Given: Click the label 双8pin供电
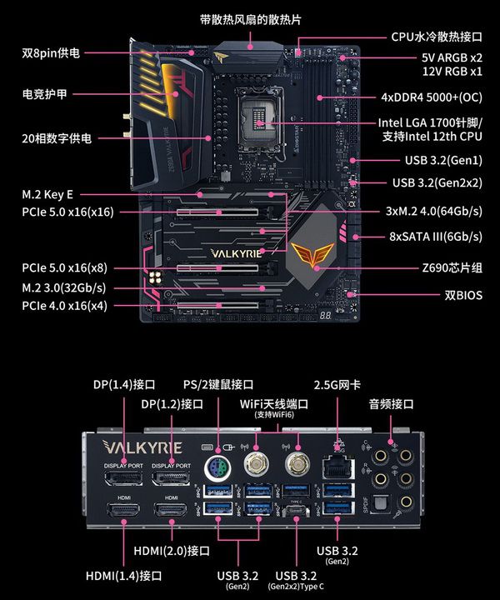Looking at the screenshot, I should (51, 52).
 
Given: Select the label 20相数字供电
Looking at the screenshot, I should (57, 138).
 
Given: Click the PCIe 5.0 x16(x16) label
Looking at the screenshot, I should (67, 212).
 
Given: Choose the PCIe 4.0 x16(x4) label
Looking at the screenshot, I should (64, 306).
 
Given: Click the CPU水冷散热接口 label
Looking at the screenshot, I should (437, 37).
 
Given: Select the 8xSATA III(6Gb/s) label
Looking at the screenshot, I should (436, 236).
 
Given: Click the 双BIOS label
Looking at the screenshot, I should (463, 295).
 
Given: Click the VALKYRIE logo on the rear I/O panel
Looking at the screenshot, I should (142, 447).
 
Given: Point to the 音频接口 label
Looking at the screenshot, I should (392, 404).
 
